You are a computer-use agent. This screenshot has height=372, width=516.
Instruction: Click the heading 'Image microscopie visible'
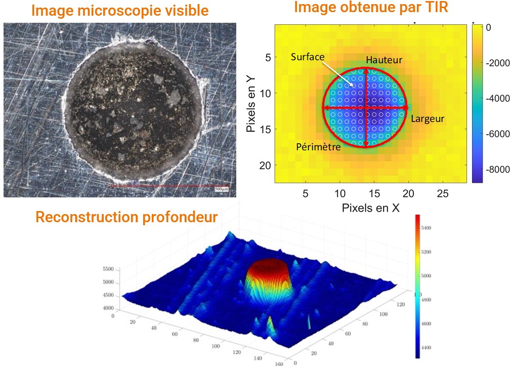click(120, 11)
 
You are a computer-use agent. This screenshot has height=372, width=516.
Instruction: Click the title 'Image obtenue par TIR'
click(371, 7)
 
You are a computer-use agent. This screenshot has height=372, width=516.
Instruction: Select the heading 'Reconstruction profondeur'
click(126, 217)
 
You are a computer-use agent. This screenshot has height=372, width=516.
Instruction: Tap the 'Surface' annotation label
click(308, 57)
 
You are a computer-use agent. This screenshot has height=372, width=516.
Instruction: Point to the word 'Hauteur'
click(384, 60)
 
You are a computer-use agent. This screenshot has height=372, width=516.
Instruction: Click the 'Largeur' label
click(427, 119)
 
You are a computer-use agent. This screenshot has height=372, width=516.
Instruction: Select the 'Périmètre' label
click(318, 147)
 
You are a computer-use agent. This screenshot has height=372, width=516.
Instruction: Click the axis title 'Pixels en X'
click(371, 208)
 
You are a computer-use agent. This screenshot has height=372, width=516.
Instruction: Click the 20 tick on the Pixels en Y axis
click(266, 166)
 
